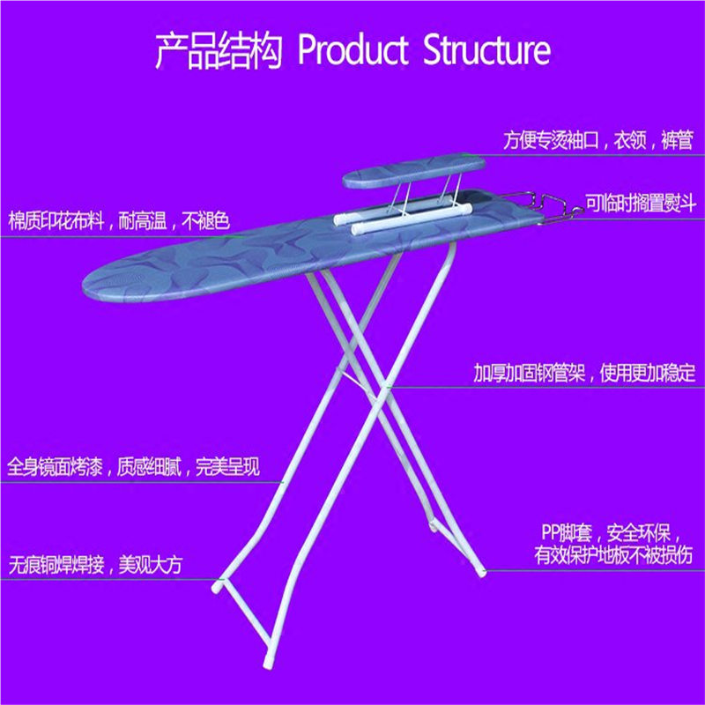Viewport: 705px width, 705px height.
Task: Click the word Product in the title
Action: (352, 50)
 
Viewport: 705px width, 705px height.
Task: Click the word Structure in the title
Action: (486, 50)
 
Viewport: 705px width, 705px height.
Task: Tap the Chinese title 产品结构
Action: (219, 51)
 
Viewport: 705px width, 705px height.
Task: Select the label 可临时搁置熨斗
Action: (641, 204)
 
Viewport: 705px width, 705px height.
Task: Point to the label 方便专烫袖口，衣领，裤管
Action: (597, 140)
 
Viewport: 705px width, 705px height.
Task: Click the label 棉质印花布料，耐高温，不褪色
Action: (119, 221)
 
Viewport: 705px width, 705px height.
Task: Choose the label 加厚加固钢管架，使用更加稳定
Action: (584, 373)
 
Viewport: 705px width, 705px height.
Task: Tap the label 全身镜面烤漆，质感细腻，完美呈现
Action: (134, 467)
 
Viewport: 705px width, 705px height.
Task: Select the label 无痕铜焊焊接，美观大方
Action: (95, 564)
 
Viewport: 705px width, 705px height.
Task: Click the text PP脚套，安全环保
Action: (610, 533)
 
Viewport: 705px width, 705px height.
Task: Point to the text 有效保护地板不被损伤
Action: (613, 556)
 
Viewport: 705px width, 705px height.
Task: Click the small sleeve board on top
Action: (414, 171)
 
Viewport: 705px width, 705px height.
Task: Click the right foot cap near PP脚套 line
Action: (481, 571)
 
